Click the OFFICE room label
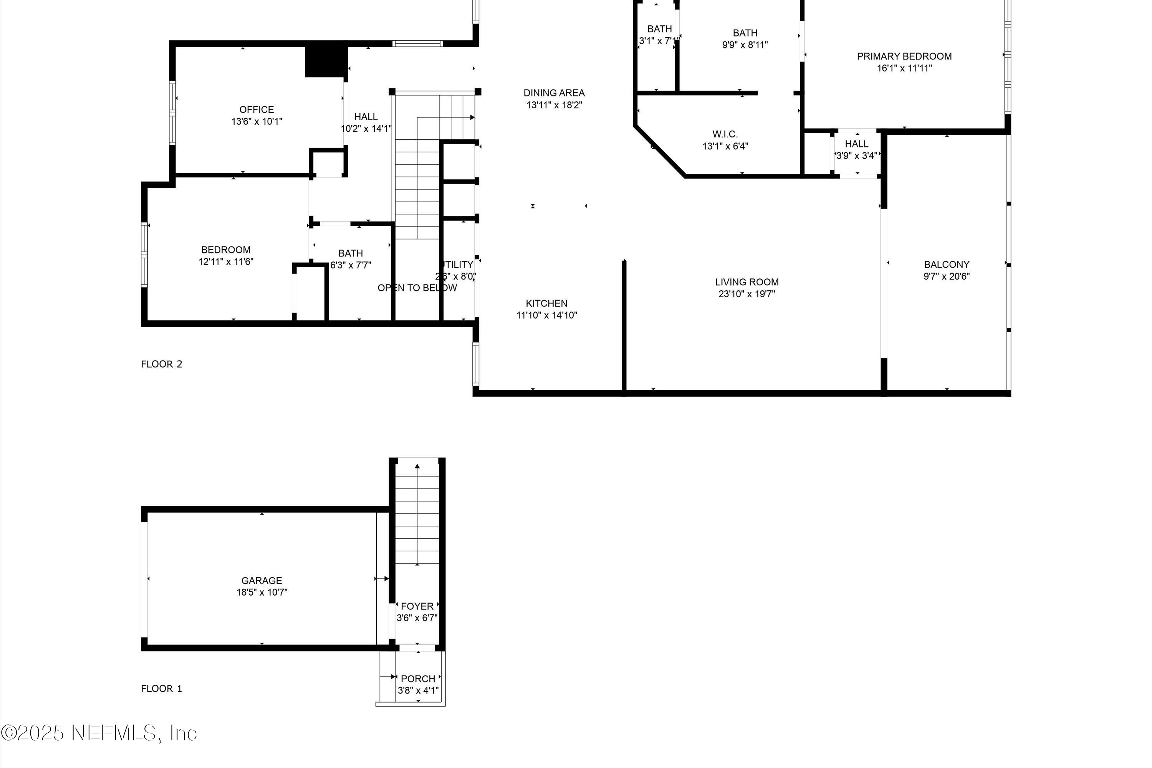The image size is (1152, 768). pos(256,109)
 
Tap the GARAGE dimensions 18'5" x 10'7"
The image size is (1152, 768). pos(262,592)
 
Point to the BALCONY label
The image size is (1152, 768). pos(946,265)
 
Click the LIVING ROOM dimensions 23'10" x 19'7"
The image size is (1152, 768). pos(746,294)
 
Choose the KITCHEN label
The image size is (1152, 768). pos(546,303)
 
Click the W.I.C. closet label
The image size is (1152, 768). pos(725,134)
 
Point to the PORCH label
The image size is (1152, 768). pos(418,679)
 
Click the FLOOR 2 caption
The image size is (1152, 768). pos(162,364)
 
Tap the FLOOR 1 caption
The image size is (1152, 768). pos(162,689)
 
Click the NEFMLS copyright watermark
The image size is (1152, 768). pos(99,733)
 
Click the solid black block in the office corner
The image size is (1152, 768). pos(325,61)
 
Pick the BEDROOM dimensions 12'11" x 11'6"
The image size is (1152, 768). pos(226,262)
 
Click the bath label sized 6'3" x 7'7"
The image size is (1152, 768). pos(351,253)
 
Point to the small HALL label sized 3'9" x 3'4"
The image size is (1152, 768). pos(856,144)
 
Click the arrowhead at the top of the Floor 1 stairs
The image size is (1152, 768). pos(417,466)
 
